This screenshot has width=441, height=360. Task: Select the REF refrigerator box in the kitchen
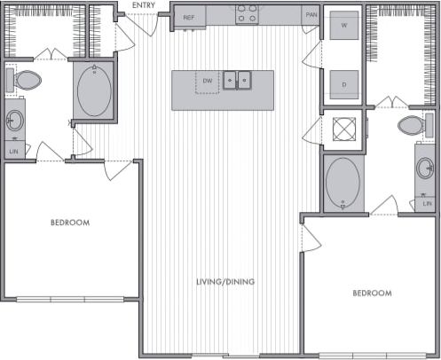189,17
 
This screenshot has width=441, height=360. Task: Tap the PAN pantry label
311,16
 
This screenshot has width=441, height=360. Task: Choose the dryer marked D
343,84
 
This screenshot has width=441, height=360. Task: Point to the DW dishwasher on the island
208,82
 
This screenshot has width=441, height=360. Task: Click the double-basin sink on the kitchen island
237,82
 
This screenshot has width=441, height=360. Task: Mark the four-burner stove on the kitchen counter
247,15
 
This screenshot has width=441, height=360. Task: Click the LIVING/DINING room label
225,282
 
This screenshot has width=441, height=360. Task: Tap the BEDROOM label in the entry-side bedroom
69,223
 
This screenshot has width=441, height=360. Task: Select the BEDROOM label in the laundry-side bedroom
372,293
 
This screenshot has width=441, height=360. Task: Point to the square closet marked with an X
343,129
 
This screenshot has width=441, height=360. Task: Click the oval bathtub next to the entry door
95,91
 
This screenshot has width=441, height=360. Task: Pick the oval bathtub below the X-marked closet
343,183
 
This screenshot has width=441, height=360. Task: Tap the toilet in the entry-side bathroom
27,82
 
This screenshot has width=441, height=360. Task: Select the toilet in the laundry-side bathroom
413,126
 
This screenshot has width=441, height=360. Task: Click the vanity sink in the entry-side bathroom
14,121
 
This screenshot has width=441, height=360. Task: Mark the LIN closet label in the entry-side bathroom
13,153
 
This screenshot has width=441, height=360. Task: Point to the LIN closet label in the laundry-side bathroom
427,204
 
